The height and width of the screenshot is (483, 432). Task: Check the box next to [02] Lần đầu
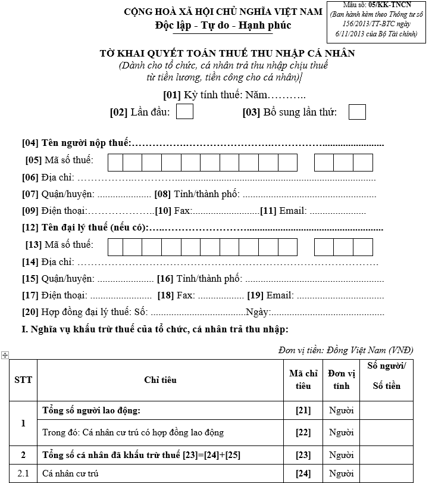click(x=185, y=112)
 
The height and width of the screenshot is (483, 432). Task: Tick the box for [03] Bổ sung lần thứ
click(x=357, y=112)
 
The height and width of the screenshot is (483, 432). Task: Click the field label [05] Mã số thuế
click(x=59, y=160)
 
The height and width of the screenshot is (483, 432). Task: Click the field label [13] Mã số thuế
click(x=59, y=244)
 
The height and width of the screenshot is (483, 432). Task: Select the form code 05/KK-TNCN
click(x=390, y=5)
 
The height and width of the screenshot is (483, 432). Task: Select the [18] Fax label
click(x=176, y=295)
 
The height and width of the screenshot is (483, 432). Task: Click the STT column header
click(x=23, y=380)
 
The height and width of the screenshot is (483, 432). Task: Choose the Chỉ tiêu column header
click(x=160, y=380)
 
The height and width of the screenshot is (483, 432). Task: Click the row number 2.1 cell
click(x=23, y=474)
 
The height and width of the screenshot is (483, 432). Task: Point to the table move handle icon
click(x=5, y=355)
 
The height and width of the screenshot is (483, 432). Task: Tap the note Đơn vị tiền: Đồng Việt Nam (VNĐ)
click(x=346, y=350)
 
